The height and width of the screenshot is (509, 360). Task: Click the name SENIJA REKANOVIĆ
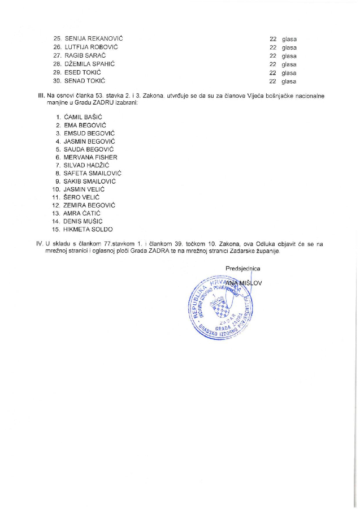point(94,38)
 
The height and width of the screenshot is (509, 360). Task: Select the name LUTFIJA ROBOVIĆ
point(92,47)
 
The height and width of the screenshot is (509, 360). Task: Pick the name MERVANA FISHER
point(91,157)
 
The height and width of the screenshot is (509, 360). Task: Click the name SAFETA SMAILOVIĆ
point(93,173)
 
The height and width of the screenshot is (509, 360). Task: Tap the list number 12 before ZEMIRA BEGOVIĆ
point(56,205)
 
